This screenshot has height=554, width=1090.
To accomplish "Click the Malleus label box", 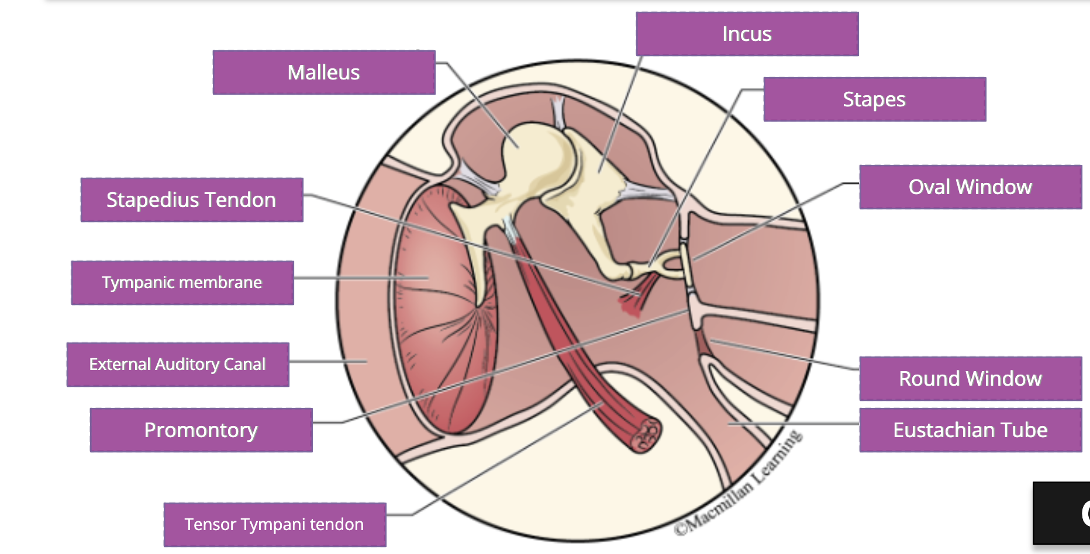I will coord(324,72).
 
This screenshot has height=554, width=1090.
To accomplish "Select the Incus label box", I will coord(747,34).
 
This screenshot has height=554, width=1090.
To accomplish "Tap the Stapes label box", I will coord(874,99).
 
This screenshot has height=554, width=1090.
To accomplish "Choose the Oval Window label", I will coord(970,187).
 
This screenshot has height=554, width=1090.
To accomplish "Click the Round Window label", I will coord(970,379).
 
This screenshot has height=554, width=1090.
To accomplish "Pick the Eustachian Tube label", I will coord(970,430).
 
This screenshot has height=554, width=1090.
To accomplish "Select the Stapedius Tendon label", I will coord(191,200).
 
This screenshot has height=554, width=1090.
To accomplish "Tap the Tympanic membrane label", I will coord(182,283).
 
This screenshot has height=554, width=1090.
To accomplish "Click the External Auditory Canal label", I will coord(177,365).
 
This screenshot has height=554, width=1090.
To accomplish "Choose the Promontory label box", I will coord(201,430).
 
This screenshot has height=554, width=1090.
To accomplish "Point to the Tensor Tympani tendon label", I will coord(274,524).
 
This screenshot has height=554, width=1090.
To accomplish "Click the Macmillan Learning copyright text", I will coord(738,485).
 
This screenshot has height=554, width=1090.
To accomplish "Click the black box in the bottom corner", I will coord(1061,514).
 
